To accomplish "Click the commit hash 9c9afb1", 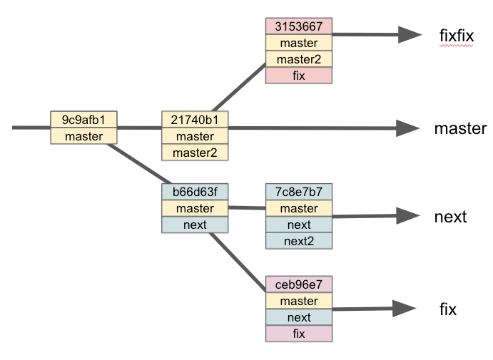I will [x=83, y=119].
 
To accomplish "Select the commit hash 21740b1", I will [x=195, y=119].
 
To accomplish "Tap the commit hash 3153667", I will [x=298, y=27].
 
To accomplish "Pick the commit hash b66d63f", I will [x=195, y=191].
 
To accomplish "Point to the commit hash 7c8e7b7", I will [x=298, y=191].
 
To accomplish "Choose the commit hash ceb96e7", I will [x=298, y=284].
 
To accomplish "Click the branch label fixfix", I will [x=457, y=35].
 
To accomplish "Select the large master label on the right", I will [x=460, y=129].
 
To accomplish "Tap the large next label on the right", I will [x=450, y=217].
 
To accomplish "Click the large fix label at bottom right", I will [x=448, y=309].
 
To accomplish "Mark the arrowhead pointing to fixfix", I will [x=410, y=34].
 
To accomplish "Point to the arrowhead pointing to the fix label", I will [x=405, y=308].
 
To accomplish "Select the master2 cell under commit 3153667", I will [x=298, y=59].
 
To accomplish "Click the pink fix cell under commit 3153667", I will [x=298, y=76].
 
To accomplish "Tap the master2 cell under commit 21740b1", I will [x=195, y=152].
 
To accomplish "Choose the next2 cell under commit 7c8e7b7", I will [x=298, y=241].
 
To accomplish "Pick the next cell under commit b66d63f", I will [x=195, y=225].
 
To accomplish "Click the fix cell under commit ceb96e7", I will [x=298, y=334].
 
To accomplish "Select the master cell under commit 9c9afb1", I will [x=83, y=135].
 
